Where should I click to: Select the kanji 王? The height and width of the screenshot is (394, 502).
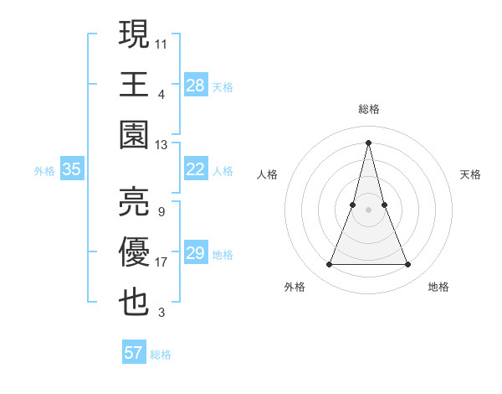coord(135,85)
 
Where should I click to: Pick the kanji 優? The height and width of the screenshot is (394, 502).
coord(135,252)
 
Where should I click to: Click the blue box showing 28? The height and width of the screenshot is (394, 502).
coord(195,85)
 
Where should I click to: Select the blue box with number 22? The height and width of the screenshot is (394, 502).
coord(195,169)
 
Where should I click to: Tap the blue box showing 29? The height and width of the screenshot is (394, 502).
coord(195,253)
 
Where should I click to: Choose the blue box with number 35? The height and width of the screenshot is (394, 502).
coord(72,169)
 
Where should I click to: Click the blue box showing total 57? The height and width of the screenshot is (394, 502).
coord(134,353)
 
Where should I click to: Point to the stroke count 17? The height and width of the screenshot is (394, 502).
coord(161,262)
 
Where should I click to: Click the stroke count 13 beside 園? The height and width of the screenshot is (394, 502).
coord(161,145)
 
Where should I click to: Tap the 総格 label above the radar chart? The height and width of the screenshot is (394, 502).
coord(368,109)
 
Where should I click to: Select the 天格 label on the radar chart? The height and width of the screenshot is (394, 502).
coord(470,174)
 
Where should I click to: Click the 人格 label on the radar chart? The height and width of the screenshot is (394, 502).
coord(267,174)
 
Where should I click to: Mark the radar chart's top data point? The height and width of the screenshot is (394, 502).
coord(368,143)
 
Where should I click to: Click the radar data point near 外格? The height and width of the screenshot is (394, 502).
coord(329,265)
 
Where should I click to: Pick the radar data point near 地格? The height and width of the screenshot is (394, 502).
coord(408,265)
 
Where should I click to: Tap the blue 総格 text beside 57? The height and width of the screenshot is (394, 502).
coord(161,354)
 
